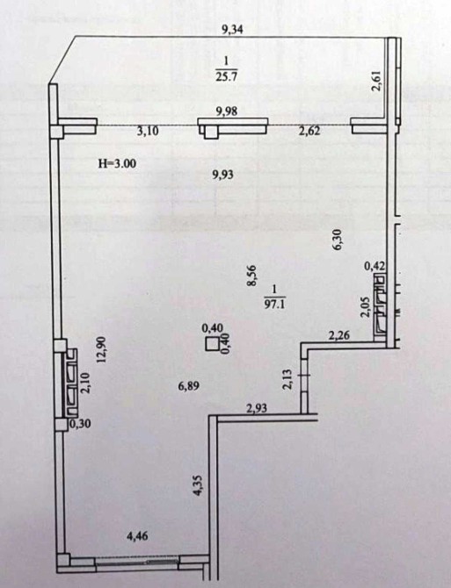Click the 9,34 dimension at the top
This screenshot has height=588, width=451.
(x=232, y=29)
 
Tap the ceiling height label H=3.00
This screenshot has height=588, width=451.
(x=117, y=163)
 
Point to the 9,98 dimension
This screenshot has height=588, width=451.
(x=227, y=111)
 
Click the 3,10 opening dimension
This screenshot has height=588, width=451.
(x=149, y=132)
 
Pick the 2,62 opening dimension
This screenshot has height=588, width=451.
(x=309, y=132)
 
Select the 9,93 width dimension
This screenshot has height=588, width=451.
(x=223, y=175)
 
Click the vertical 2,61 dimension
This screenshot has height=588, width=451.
(x=376, y=81)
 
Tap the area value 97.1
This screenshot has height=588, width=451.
(x=275, y=304)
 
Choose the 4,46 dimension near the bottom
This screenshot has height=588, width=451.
(x=137, y=536)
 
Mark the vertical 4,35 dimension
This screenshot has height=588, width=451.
(x=198, y=486)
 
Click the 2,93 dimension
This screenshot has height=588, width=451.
(x=257, y=408)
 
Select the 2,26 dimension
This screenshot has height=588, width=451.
(x=339, y=335)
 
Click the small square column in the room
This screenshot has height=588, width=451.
(x=213, y=344)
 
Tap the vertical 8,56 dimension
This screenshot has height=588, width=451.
(x=251, y=276)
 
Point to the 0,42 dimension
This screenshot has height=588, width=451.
(x=375, y=267)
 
